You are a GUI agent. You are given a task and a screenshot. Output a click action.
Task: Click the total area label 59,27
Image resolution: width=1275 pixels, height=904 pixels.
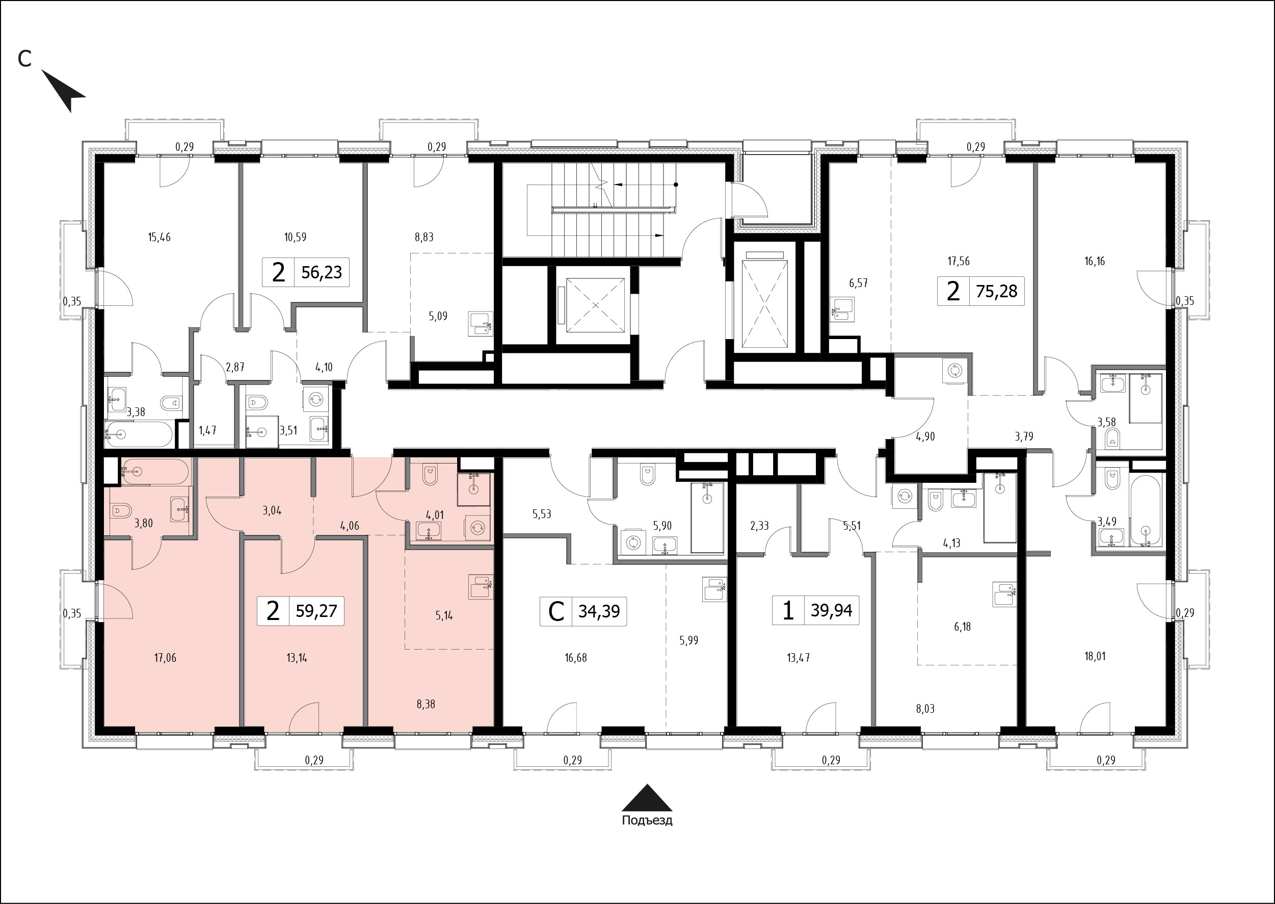pos(316,611)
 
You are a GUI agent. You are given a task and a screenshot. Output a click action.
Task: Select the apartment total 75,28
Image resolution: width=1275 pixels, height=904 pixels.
pos(996,291)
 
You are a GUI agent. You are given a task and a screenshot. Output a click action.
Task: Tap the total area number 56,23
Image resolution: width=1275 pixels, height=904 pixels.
pos(322,272)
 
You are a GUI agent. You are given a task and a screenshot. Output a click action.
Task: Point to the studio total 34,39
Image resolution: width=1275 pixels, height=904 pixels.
pos(599,611)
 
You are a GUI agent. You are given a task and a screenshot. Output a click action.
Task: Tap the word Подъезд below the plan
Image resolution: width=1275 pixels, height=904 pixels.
pos(647,820)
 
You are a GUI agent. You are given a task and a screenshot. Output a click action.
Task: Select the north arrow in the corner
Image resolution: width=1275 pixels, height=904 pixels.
pos(62,90)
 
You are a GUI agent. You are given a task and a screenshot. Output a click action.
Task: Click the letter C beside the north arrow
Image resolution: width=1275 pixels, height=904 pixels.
pos(24,59)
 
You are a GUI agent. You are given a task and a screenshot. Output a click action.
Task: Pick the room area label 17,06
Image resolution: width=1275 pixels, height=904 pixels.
pos(165,657)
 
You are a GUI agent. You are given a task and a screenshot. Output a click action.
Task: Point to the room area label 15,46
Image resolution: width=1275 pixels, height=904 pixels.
pos(159,237)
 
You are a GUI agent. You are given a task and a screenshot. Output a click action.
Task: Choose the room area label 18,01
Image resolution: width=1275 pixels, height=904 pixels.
pos(1095,656)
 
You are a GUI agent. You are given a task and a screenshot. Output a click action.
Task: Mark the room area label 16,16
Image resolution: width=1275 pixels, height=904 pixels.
pos(1094,261)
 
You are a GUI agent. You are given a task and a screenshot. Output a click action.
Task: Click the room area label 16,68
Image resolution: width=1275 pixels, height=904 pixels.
pos(575,657)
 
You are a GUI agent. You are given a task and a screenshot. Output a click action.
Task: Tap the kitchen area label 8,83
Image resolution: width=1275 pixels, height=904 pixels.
pos(424,237)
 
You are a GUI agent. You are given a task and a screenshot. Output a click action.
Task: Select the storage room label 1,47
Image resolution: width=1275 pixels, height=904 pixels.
pos(207,430)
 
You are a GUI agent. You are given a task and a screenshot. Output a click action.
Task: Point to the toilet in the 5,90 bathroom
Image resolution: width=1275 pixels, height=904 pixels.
pos(648,475)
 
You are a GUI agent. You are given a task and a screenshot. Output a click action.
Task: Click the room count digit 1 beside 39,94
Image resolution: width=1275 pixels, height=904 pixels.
pos(788,611)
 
